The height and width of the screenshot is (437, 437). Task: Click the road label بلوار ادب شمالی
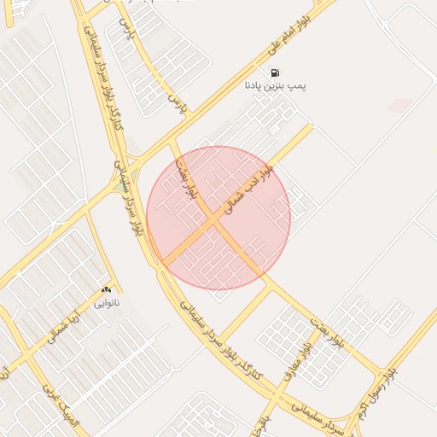tap(248, 189)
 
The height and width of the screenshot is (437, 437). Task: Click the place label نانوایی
tap(106, 302)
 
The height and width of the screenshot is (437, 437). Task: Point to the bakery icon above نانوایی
tap(106, 291)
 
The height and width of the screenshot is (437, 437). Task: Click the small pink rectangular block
tap(399, 106)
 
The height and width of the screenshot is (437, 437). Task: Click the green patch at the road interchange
tap(116, 183)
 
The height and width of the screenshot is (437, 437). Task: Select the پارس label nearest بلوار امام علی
tap(176, 104)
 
